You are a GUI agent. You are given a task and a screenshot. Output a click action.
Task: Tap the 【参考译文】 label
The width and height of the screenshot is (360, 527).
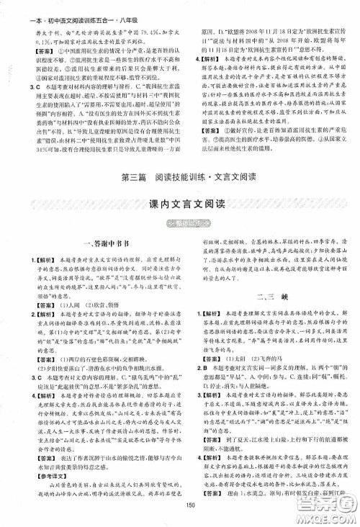coord(40,478)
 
